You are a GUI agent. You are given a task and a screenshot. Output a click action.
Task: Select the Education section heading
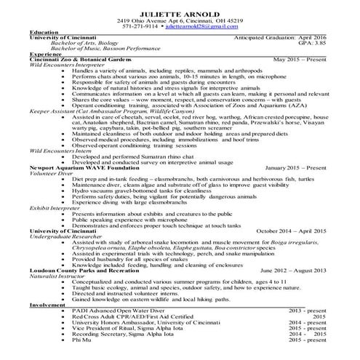44,33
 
